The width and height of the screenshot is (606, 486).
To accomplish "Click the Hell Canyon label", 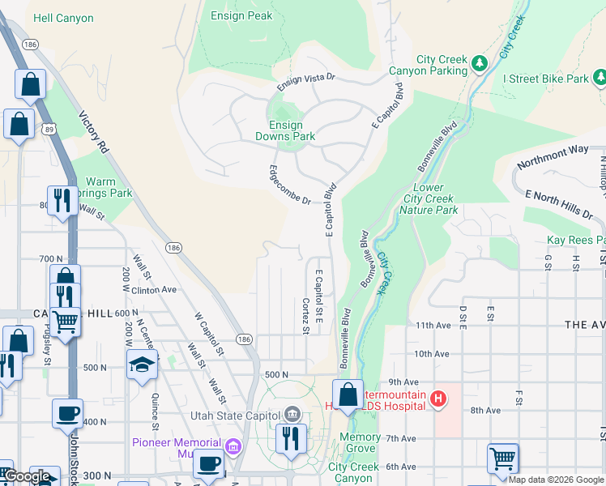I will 63,18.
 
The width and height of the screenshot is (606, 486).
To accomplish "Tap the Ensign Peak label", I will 241,15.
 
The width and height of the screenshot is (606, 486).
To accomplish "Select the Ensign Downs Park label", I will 285,130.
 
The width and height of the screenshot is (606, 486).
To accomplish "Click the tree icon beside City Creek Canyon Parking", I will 479,62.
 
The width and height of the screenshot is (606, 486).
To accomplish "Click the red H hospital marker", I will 437,398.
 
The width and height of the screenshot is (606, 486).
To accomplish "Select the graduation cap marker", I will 142,364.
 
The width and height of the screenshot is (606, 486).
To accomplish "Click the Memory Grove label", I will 360,442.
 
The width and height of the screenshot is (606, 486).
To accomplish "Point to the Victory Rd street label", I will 93,132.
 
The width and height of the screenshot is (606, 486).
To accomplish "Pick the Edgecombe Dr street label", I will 290,185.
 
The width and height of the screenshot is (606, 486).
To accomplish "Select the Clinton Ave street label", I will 152,289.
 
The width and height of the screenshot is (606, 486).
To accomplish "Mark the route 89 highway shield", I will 50,129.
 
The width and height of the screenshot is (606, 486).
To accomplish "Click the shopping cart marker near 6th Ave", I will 502,458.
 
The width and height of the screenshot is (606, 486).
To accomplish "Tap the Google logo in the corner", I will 26,476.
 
